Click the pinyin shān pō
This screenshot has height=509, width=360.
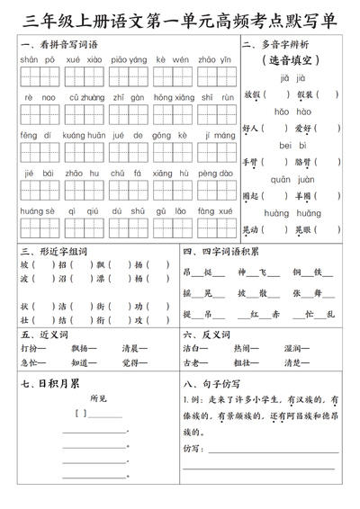(35, 58)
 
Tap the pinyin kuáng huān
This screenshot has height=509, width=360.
(85, 135)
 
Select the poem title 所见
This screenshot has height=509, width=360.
(99, 398)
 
